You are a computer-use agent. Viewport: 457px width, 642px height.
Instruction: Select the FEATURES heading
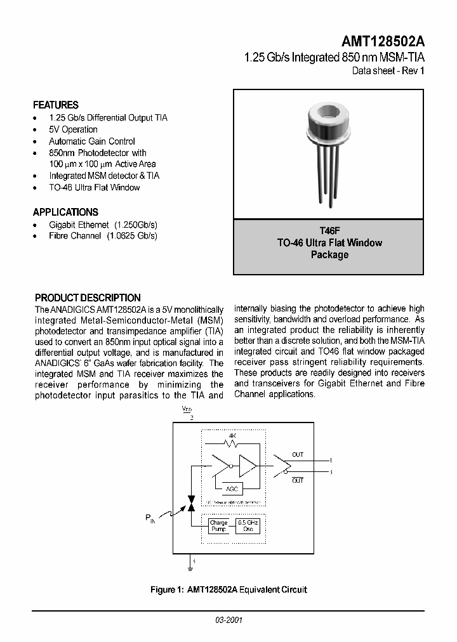pyautogui.click(x=56, y=105)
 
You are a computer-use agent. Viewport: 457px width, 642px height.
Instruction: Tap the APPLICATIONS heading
pyautogui.click(x=65, y=213)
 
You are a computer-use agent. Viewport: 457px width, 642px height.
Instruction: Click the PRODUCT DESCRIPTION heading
pyautogui.click(x=88, y=298)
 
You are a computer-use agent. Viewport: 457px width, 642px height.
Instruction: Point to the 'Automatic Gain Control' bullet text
pyautogui.click(x=92, y=141)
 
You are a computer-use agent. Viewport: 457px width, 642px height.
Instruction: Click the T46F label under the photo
pyautogui.click(x=329, y=232)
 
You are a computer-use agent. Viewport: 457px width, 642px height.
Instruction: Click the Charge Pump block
pyautogui.click(x=218, y=526)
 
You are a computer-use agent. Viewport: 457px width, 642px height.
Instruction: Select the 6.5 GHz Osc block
pyautogui.click(x=248, y=526)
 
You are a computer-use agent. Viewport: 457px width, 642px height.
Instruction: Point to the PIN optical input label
pyautogui.click(x=150, y=519)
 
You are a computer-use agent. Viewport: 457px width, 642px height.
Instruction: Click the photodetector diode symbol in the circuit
pyautogui.click(x=191, y=503)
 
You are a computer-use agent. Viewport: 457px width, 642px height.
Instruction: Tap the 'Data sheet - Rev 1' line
pyautogui.click(x=388, y=70)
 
